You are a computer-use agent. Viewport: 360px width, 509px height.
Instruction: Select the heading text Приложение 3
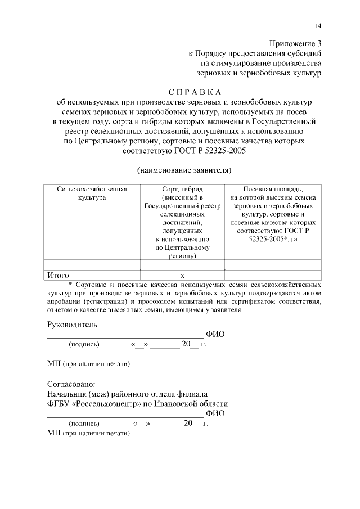[x=295, y=43]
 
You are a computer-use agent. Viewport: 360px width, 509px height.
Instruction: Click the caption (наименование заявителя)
[x=184, y=169]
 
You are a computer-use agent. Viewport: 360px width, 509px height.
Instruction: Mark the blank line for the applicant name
[x=184, y=163]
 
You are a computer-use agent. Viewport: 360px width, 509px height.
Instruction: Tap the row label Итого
[x=57, y=276]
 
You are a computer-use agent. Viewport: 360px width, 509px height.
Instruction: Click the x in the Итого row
[x=182, y=276]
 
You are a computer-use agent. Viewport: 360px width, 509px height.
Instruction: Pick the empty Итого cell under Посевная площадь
[x=273, y=276]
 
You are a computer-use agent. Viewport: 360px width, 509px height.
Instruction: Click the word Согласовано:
[x=72, y=384]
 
